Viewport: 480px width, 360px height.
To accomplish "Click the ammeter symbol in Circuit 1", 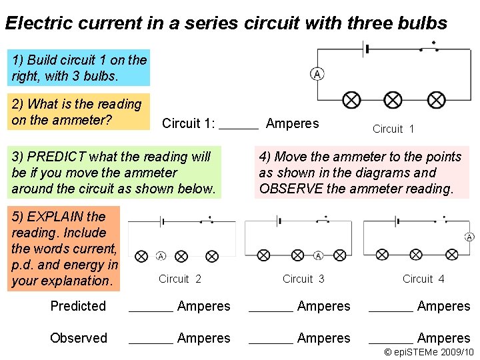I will click(317, 74).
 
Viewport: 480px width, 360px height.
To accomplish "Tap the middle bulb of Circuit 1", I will click(393, 100).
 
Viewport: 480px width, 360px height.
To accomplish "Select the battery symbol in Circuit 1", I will click(365, 49).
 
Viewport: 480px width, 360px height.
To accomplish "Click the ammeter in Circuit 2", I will click(161, 256).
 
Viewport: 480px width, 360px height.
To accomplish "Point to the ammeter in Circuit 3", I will click(318, 255).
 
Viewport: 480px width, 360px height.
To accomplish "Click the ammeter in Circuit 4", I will click(469, 237).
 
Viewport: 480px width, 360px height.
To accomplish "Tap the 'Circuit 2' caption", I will click(180, 279).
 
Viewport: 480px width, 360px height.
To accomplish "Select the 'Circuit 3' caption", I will click(303, 279).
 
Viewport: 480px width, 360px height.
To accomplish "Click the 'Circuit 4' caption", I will click(423, 279).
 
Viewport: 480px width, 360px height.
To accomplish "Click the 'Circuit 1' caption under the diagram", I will click(393, 129).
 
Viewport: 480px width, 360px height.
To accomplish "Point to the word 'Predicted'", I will click(78, 306).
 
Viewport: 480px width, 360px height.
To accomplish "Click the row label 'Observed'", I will click(79, 338).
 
